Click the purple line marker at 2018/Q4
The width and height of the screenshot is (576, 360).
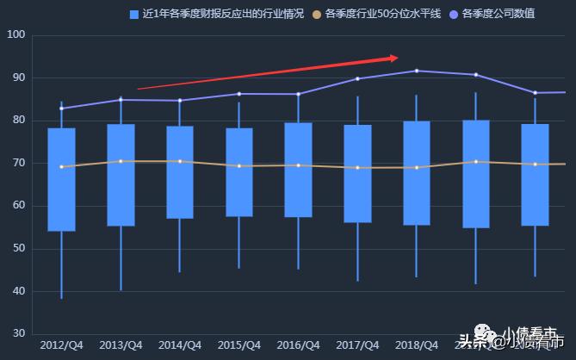[x=417, y=71]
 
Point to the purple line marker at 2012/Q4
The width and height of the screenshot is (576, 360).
[x=61, y=109]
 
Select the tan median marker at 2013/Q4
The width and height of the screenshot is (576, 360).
[x=121, y=161]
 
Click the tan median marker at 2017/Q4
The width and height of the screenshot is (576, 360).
[x=357, y=167]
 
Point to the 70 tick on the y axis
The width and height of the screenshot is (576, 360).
[x=17, y=164]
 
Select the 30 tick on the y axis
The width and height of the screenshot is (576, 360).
[x=17, y=334]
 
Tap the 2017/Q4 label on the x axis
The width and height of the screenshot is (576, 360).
[x=357, y=345]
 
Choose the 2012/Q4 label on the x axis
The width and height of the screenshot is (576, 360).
[x=61, y=345]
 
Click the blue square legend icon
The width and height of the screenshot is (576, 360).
[x=133, y=14]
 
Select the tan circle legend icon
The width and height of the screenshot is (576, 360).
[x=317, y=14]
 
